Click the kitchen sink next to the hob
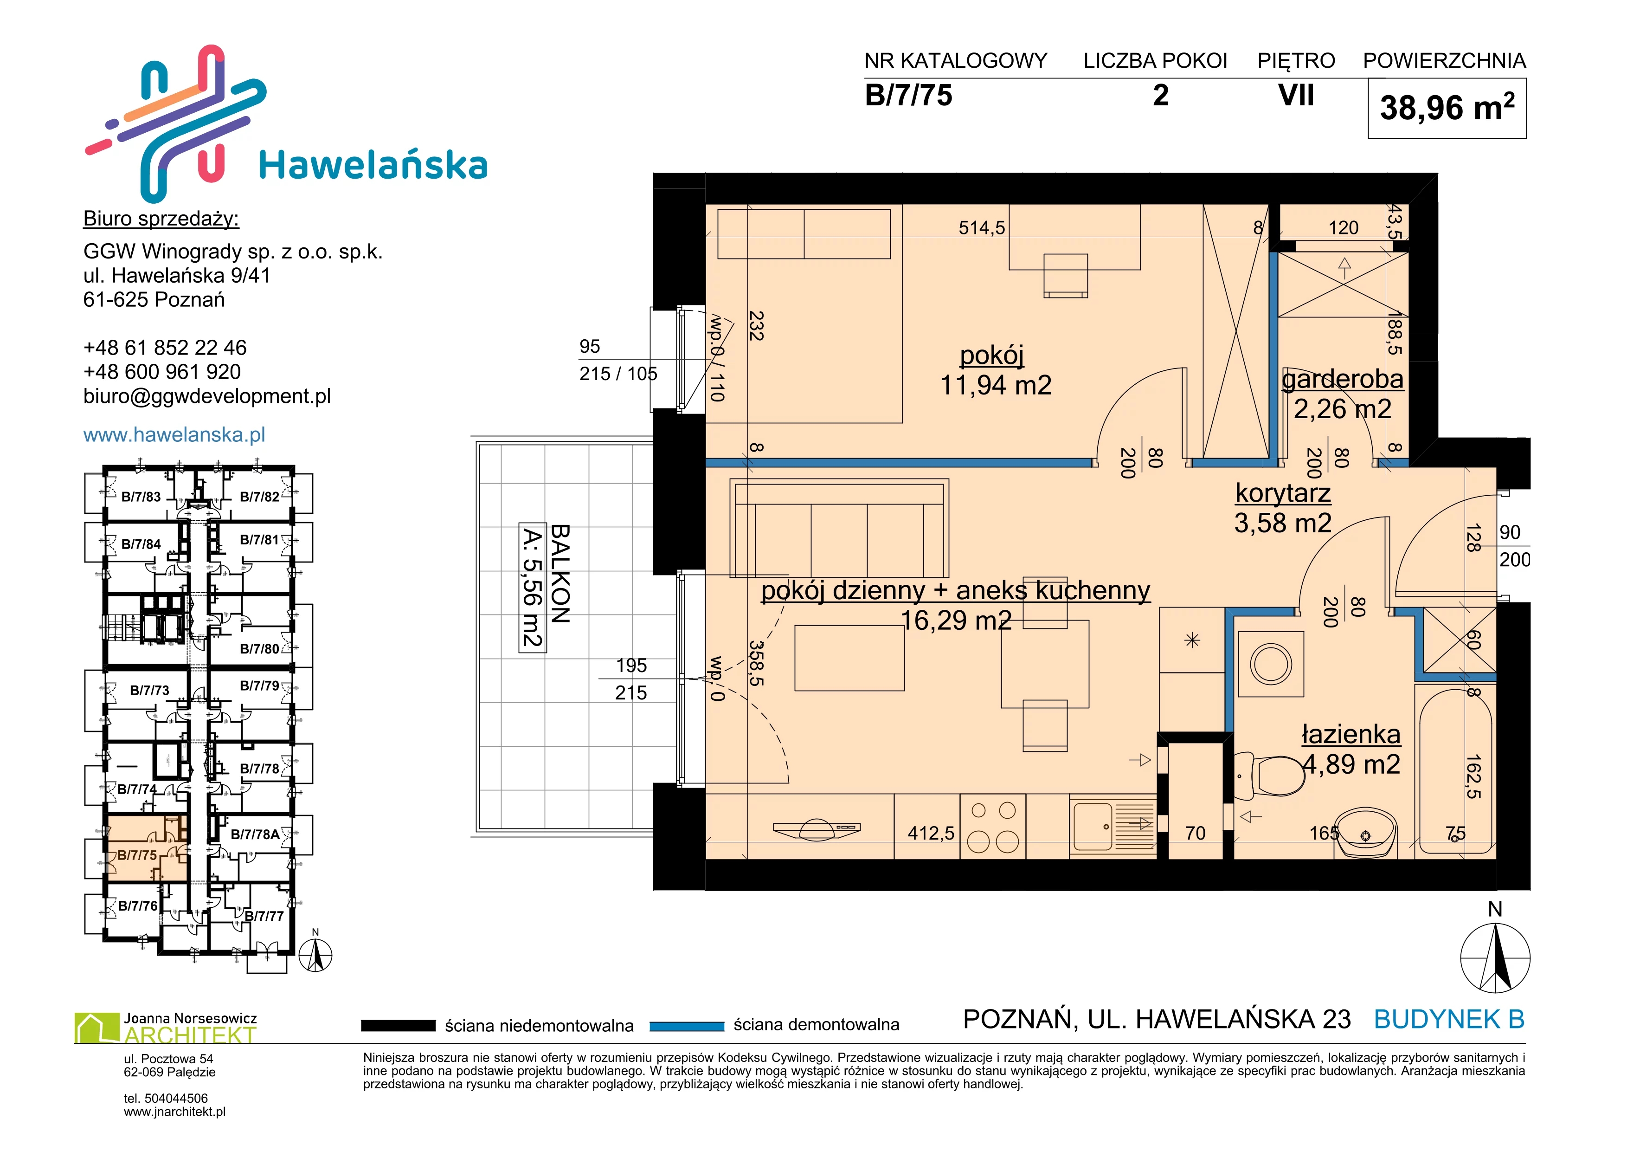coord(1113,826)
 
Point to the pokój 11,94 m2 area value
coord(995,385)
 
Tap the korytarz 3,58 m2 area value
coord(1283,523)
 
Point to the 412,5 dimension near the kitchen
coord(931,834)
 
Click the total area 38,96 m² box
coord(1447,109)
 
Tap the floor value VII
coord(1296,95)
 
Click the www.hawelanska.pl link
coord(174,434)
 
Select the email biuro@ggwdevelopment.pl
coord(207,396)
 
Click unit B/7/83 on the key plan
coord(141,497)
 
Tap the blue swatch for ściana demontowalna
coord(687,1026)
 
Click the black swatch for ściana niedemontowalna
coord(398,1026)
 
